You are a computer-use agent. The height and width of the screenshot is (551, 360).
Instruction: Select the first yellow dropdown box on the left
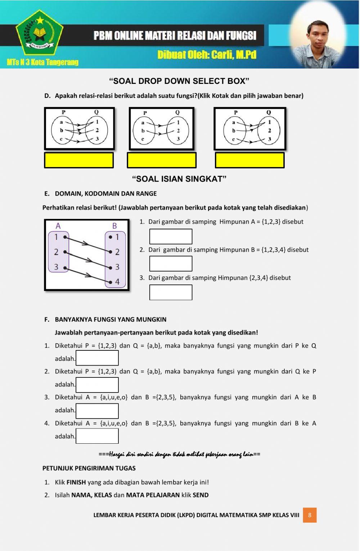[79, 160]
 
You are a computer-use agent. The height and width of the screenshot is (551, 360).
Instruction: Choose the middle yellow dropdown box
[162, 160]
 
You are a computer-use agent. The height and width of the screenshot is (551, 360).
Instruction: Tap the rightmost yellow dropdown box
[249, 160]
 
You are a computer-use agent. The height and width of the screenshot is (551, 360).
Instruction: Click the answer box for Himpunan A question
[171, 236]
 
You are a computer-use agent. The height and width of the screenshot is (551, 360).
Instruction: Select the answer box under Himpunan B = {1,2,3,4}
[171, 264]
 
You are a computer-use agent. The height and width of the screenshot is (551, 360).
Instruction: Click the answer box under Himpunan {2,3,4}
[171, 292]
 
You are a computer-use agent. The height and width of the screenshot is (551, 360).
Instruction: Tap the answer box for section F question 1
[97, 358]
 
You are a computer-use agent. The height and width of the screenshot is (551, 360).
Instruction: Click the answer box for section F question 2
[97, 385]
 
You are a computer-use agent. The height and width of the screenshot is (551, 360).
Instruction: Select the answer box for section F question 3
[97, 411]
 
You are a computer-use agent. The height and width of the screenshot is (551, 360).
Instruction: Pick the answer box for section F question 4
[97, 436]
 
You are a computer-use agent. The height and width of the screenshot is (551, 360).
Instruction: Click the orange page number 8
[310, 515]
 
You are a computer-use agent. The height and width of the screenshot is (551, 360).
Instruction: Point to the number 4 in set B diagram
[117, 282]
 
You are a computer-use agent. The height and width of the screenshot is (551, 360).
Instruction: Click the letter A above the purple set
[58, 226]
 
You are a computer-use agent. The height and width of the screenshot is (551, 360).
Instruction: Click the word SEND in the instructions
[201, 495]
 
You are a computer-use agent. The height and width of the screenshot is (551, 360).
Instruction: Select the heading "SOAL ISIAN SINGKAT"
[179, 179]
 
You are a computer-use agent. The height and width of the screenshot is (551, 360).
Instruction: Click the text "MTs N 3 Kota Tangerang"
[42, 62]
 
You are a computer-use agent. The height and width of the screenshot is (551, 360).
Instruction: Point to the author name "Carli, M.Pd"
[234, 55]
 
